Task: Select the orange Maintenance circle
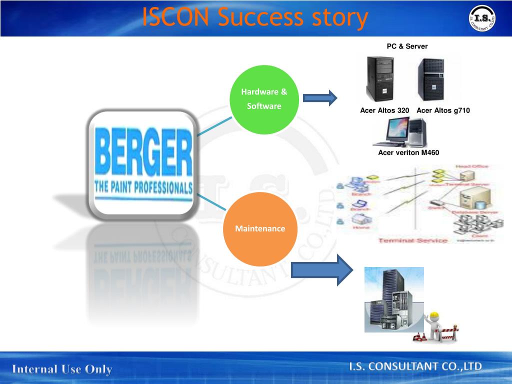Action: (x=260, y=229)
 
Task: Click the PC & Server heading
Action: (x=407, y=46)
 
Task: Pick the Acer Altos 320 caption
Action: (x=384, y=110)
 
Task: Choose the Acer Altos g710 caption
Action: (x=443, y=110)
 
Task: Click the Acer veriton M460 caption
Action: (x=408, y=152)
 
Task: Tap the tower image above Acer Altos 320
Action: (x=380, y=78)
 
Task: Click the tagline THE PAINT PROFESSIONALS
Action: (x=143, y=188)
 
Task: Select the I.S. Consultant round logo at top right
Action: (x=482, y=18)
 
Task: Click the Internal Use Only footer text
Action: (x=62, y=369)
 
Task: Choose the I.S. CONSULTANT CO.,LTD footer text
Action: (x=415, y=367)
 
